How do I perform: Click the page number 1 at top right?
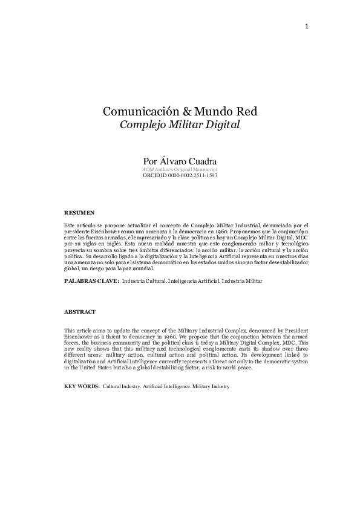point(307,27)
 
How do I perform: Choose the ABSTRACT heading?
point(79,311)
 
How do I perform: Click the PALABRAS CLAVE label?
point(91,281)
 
